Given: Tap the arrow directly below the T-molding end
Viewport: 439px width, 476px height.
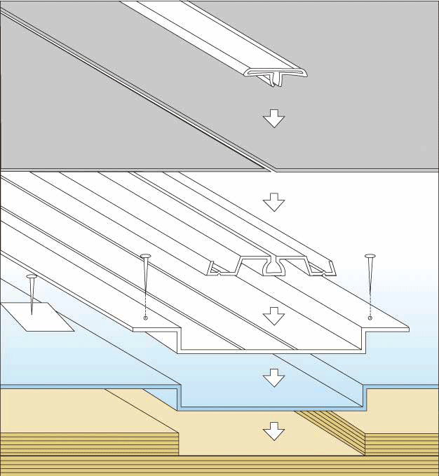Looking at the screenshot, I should [273, 118].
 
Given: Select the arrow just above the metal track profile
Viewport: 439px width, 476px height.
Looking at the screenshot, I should [273, 203].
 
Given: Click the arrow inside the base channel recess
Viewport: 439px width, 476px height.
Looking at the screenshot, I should [273, 317].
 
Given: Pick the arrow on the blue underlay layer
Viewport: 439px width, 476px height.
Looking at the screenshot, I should [273, 379].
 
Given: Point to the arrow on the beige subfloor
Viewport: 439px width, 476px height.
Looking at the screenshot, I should [273, 431].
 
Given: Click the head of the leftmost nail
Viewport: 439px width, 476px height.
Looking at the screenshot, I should [31, 277].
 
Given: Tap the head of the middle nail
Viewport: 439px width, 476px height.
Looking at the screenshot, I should [146, 256].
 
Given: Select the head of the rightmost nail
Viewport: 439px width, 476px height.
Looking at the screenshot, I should [370, 256].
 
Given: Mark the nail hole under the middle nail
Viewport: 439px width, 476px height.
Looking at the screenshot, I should [146, 318].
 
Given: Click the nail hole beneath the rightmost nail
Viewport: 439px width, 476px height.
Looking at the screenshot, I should [370, 318].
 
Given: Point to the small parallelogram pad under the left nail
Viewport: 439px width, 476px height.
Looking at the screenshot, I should [35, 316].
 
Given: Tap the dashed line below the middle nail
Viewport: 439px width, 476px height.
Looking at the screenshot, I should [146, 301].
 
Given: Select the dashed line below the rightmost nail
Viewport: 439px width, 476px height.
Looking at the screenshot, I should [370, 301].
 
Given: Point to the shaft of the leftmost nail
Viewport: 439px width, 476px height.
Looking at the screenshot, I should [32, 294].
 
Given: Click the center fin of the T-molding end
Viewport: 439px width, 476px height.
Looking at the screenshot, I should [272, 80].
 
